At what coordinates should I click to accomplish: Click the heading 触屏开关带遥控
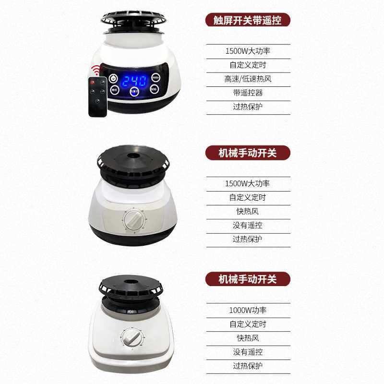coord(248,20)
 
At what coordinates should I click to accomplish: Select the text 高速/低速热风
coord(248,79)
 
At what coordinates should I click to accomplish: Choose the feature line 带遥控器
coord(248,93)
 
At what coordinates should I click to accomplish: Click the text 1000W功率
coord(248,310)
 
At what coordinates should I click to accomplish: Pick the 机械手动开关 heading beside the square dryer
coord(248,279)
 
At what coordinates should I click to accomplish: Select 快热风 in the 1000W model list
coord(248,338)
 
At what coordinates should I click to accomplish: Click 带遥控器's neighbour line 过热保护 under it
coord(248,107)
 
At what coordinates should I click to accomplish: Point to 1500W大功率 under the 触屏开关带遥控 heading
coord(248,51)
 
